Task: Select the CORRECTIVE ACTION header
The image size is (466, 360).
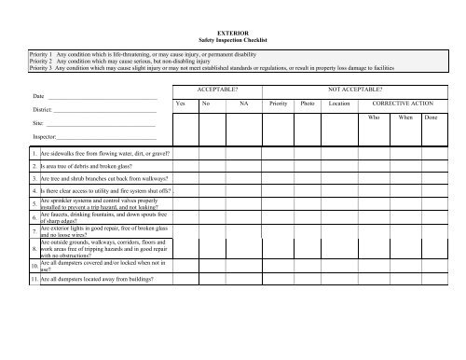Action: pyautogui.click(x=404, y=104)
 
